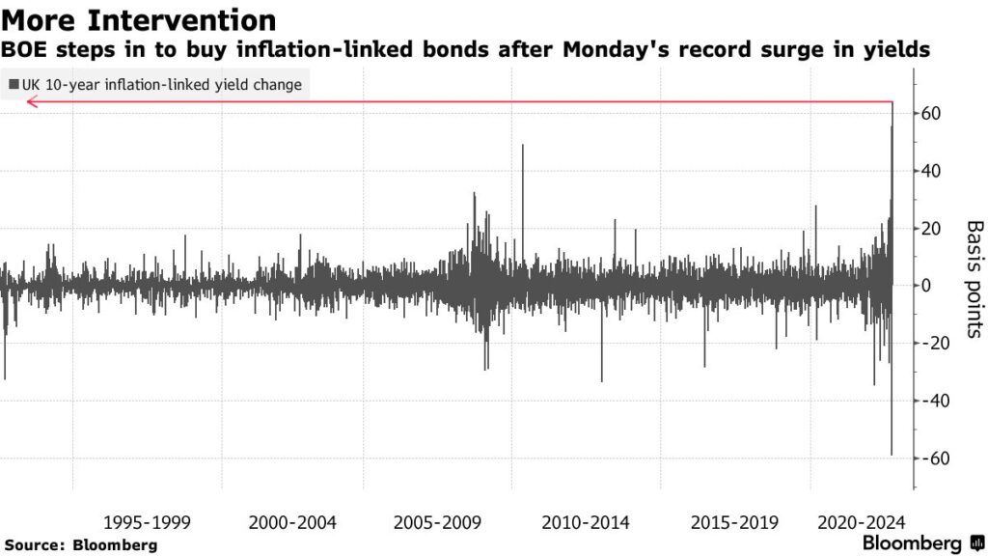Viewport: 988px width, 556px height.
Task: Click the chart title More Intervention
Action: tap(139, 19)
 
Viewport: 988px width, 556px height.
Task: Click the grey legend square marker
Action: tap(13, 85)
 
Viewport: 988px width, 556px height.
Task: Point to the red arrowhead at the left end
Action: tap(32, 102)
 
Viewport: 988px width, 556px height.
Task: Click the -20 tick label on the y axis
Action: tap(933, 344)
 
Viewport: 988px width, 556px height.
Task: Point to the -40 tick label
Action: tap(933, 401)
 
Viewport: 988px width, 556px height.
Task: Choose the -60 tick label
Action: tap(933, 459)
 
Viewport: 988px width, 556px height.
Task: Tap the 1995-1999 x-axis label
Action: tap(147, 522)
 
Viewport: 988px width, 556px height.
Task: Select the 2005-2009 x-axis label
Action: tap(440, 522)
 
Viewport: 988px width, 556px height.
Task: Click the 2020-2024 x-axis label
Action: tap(861, 522)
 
